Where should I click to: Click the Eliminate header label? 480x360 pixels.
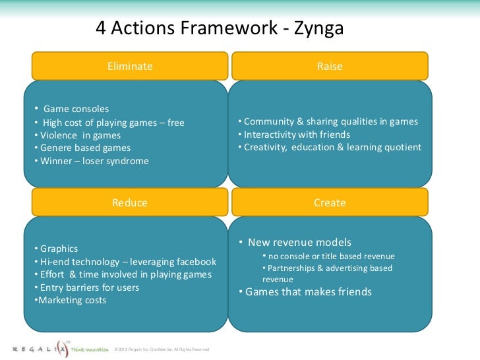pos(130,67)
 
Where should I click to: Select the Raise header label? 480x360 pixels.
pos(330,67)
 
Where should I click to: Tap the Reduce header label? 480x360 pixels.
pos(130,202)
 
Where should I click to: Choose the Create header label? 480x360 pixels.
pos(330,202)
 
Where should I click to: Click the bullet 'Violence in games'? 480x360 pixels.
pos(80,135)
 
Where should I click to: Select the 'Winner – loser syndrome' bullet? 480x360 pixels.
pos(94,161)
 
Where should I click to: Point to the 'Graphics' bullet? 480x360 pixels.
pos(59,249)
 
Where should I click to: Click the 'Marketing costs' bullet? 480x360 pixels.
pos(72,301)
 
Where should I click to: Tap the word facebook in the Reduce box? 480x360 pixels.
pos(193,262)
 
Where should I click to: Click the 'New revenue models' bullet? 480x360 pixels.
pos(298,242)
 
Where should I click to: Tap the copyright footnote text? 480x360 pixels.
pos(162,349)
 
